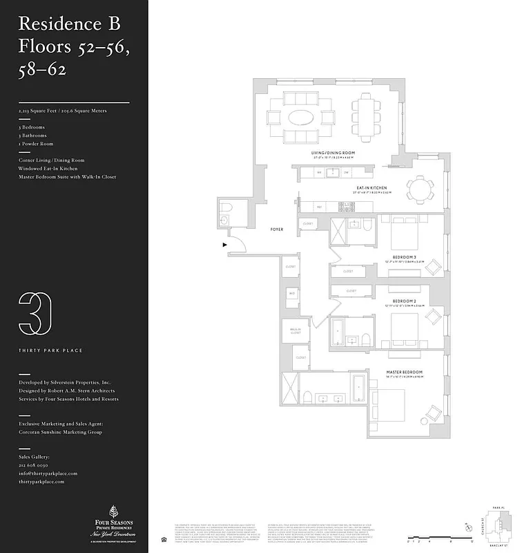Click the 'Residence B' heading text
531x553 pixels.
[x=69, y=24]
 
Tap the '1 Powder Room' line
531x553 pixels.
[x=36, y=144]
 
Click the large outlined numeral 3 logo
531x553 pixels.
[x=35, y=315]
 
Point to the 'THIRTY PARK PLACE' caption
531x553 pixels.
[x=50, y=350]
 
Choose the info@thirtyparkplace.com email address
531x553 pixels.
[x=48, y=474]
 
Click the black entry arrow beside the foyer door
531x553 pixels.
[x=224, y=244]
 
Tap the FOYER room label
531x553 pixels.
[x=276, y=229]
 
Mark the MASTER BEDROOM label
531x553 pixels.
[x=404, y=373]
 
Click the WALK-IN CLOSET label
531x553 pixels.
[x=295, y=331]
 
